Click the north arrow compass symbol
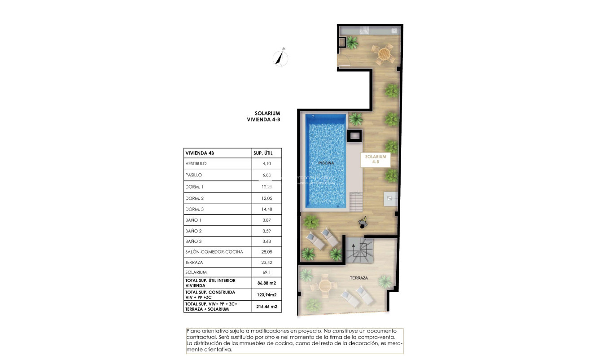click(x=281, y=58)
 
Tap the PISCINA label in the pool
click(x=326, y=163)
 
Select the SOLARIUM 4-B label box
click(x=376, y=160)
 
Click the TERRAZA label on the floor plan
click(x=359, y=278)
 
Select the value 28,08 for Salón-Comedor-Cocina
click(x=267, y=252)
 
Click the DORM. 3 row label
click(x=194, y=209)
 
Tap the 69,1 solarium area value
click(x=267, y=272)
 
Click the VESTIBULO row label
click(x=196, y=164)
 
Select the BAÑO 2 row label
click(x=193, y=231)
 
